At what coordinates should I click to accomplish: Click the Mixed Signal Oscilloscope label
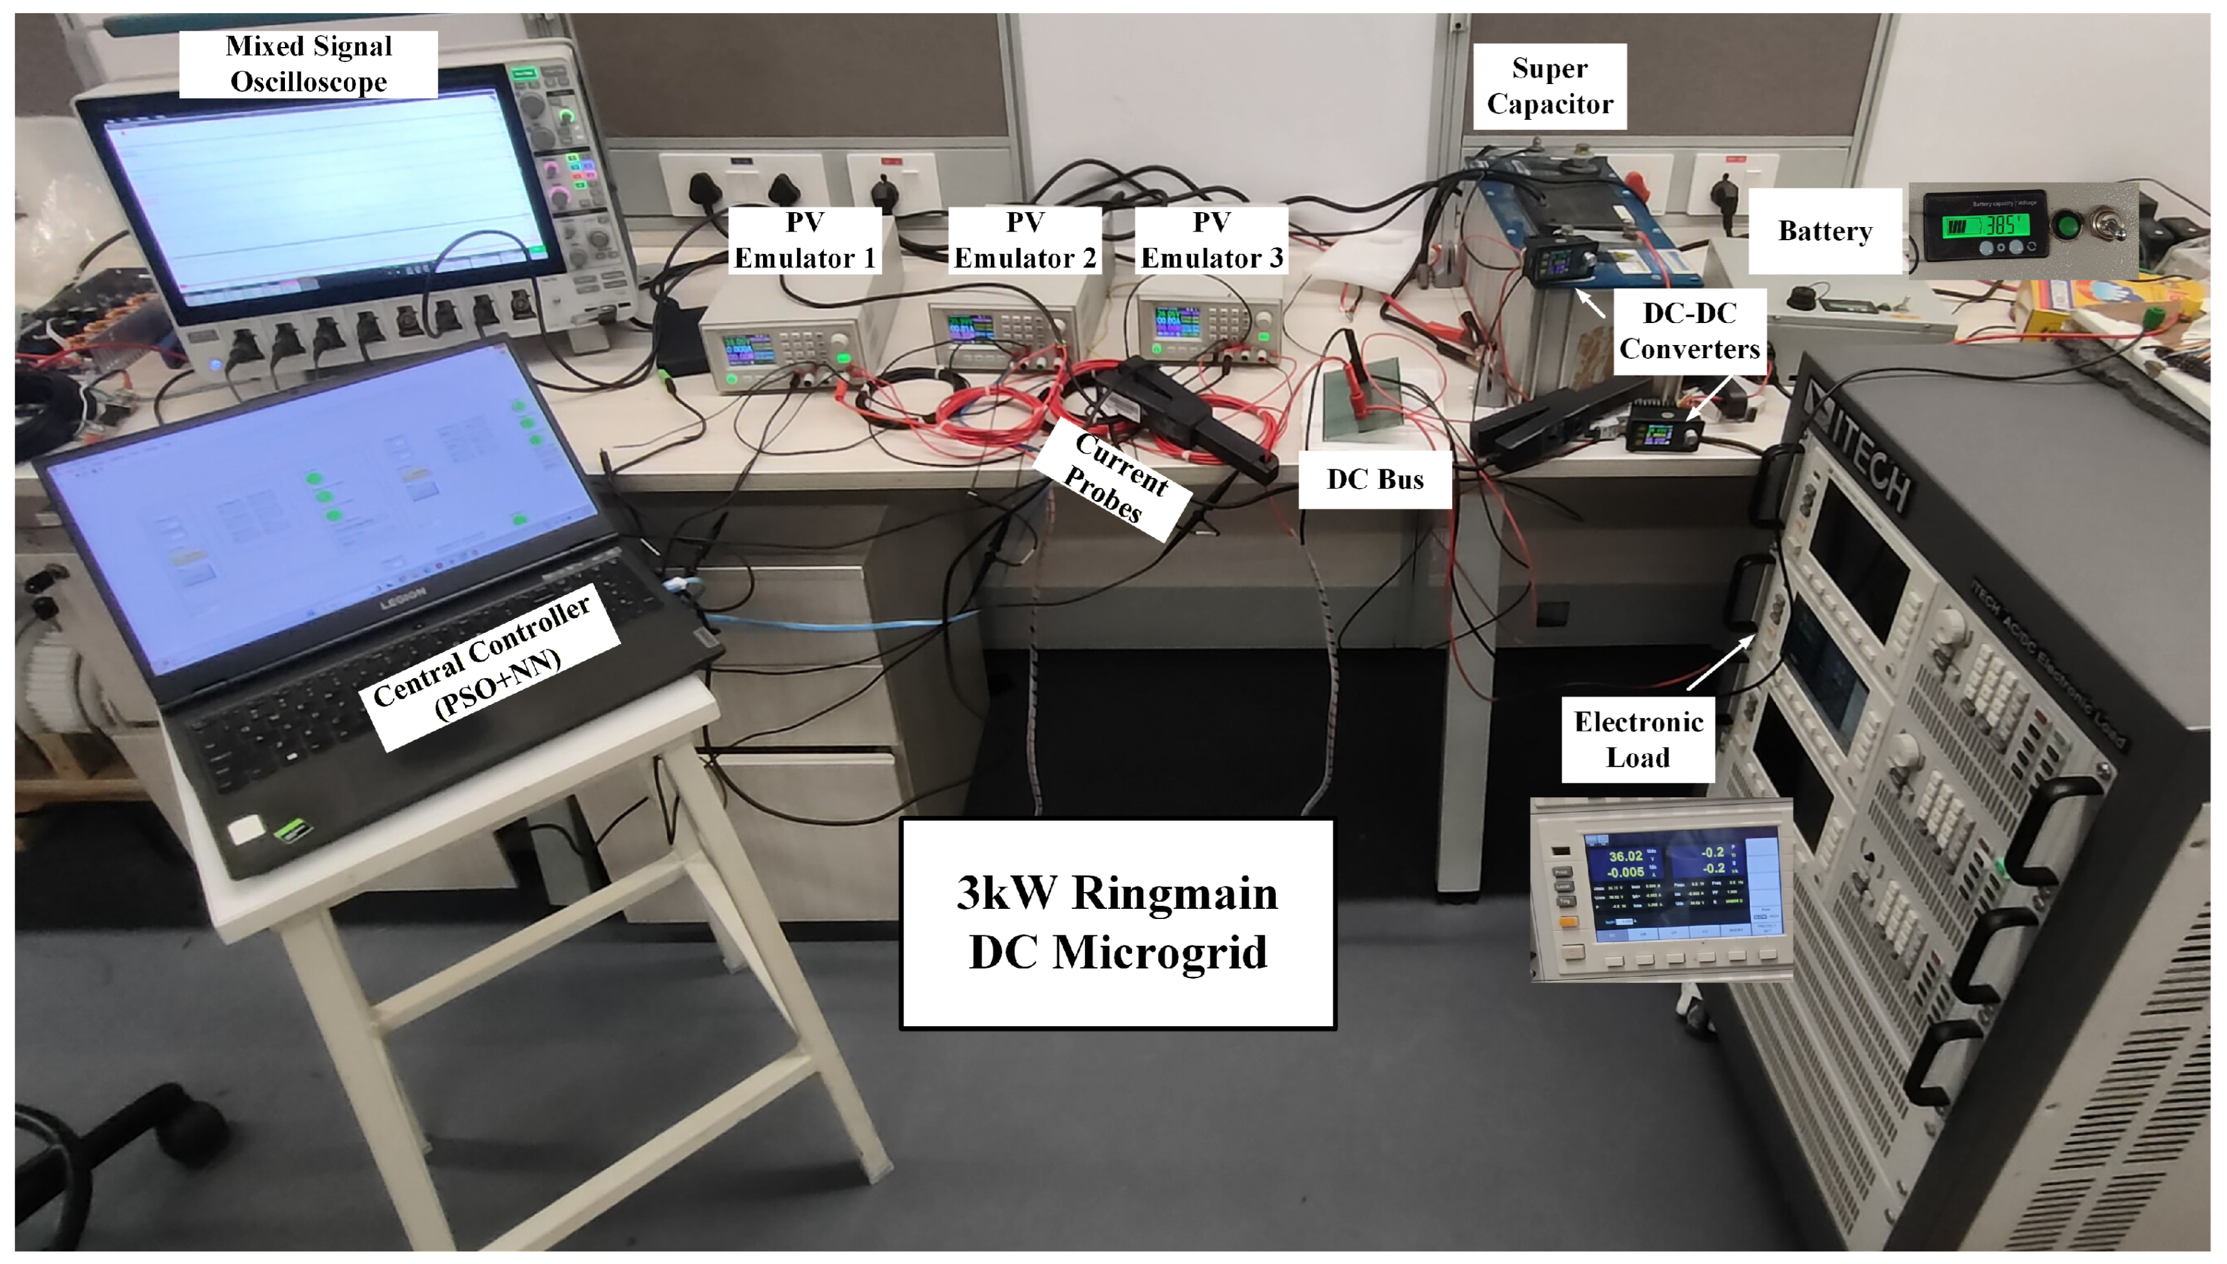[x=308, y=64]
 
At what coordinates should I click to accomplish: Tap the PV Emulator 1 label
[x=805, y=240]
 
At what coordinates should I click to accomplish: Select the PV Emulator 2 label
[x=1025, y=240]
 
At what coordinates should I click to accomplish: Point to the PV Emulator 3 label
[x=1211, y=240]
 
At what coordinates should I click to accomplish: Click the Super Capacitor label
[x=1550, y=86]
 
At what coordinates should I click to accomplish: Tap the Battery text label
[x=1824, y=231]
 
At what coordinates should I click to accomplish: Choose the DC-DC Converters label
[x=1689, y=331]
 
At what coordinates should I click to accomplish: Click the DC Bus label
[x=1374, y=479]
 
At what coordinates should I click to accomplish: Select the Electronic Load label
[x=1638, y=740]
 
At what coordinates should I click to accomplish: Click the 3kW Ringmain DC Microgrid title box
[x=1118, y=923]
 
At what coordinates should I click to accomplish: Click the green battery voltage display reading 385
[x=1985, y=226]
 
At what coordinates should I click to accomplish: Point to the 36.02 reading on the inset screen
[x=1625, y=856]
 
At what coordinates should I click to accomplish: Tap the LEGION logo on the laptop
[x=403, y=597]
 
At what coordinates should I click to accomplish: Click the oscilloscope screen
[x=321, y=195]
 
